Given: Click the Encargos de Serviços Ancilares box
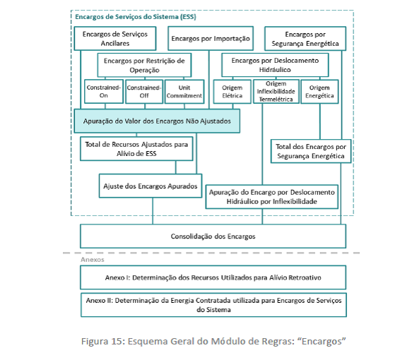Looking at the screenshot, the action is tap(115, 38).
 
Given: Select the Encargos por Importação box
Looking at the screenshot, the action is tap(211, 38).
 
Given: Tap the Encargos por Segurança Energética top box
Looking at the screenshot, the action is tap(305, 39).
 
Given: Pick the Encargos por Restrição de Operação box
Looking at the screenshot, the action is tap(144, 65).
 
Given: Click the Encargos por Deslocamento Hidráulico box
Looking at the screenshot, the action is tap(275, 65).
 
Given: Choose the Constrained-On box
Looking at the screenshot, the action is tap(104, 91).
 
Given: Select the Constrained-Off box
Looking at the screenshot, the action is tap(144, 91).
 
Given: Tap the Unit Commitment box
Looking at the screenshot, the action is tap(184, 91).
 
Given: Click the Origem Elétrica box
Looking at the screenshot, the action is tap(233, 92).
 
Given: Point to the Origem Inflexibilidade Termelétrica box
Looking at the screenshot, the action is tap(276, 91).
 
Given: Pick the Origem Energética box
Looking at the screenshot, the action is tap(319, 92).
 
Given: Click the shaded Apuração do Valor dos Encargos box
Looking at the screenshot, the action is tap(157, 121).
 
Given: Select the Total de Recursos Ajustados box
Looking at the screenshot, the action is tap(136, 149).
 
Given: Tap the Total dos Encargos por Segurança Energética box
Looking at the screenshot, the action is tap(311, 151).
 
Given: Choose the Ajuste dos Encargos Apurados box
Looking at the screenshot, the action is tap(151, 186).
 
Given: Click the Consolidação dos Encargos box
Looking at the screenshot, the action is tap(213, 236).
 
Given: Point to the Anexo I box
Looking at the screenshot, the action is tap(213, 277).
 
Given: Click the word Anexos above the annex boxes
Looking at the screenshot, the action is tap(93, 260).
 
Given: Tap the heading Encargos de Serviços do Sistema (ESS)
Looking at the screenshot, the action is tap(136, 17).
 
